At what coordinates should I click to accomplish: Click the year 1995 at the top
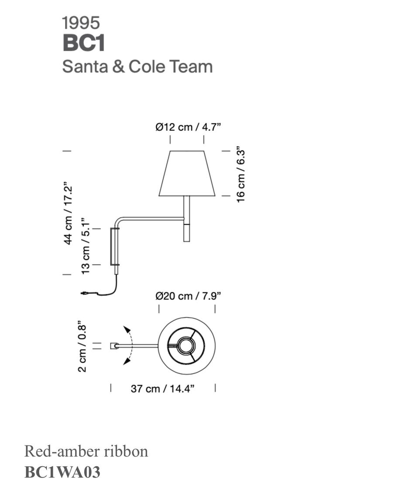pos(81,23)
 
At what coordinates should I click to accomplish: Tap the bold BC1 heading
pos(84,43)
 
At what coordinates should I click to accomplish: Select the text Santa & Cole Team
pos(137,67)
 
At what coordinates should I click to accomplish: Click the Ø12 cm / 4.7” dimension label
pos(188,127)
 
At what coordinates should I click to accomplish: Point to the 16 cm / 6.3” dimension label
pos(241,176)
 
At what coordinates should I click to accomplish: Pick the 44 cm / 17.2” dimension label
pos(68,213)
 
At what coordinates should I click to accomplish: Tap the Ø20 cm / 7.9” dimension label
pos(188,296)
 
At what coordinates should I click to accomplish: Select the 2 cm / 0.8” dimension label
pos(82,348)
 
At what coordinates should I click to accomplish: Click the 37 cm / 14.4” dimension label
pos(162,388)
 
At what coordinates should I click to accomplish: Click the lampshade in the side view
pos(187,174)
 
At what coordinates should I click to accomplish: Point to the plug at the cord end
pos(85,294)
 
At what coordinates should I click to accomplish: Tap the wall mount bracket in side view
pos(115,246)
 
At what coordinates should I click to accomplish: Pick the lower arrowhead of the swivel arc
pos(126,362)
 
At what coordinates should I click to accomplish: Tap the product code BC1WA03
pos(62,472)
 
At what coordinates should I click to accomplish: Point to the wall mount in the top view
pos(114,346)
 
